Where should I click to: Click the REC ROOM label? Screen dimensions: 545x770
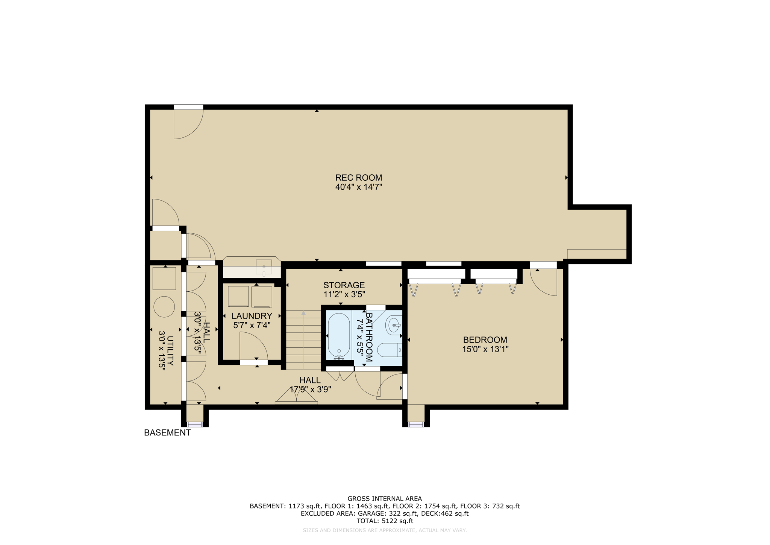(x=358, y=178)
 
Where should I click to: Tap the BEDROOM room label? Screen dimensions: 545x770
(x=485, y=340)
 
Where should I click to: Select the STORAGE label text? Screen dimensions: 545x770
(x=344, y=285)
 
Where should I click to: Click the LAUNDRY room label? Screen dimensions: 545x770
(x=252, y=316)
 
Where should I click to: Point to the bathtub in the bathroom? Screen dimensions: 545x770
(x=339, y=335)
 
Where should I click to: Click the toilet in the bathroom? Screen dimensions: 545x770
(x=389, y=350)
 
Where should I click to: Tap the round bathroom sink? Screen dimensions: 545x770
(x=394, y=325)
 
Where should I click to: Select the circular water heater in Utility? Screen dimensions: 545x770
(x=164, y=307)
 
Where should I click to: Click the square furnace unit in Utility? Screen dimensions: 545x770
(x=164, y=279)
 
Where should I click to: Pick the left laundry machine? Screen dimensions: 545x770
(x=238, y=297)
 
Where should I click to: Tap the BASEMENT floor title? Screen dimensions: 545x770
(x=167, y=433)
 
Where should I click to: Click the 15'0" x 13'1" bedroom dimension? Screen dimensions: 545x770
(x=485, y=349)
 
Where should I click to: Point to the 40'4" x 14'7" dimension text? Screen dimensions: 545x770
(x=358, y=187)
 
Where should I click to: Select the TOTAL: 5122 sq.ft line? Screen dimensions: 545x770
(x=385, y=521)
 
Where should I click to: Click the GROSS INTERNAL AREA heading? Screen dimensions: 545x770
(x=385, y=499)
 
